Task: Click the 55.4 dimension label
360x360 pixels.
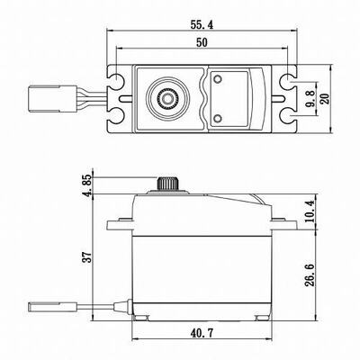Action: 202,25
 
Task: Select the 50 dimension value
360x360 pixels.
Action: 202,42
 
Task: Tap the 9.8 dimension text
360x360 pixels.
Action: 311,99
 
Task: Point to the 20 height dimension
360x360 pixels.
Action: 325,98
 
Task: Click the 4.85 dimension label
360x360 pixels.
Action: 88,185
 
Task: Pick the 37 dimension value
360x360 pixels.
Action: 87,257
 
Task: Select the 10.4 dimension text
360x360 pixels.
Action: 310,211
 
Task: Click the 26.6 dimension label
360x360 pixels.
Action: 310,275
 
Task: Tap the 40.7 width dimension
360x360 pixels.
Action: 202,333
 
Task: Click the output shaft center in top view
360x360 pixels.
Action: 167,97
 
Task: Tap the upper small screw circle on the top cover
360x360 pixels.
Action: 218,79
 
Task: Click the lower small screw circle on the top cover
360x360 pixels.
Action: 218,118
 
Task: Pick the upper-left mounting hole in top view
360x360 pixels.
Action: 115,80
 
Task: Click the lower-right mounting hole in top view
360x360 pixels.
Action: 289,117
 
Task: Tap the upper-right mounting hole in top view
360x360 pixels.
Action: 289,80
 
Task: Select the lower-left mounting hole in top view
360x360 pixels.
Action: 115,117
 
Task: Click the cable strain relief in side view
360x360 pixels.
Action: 122,307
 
